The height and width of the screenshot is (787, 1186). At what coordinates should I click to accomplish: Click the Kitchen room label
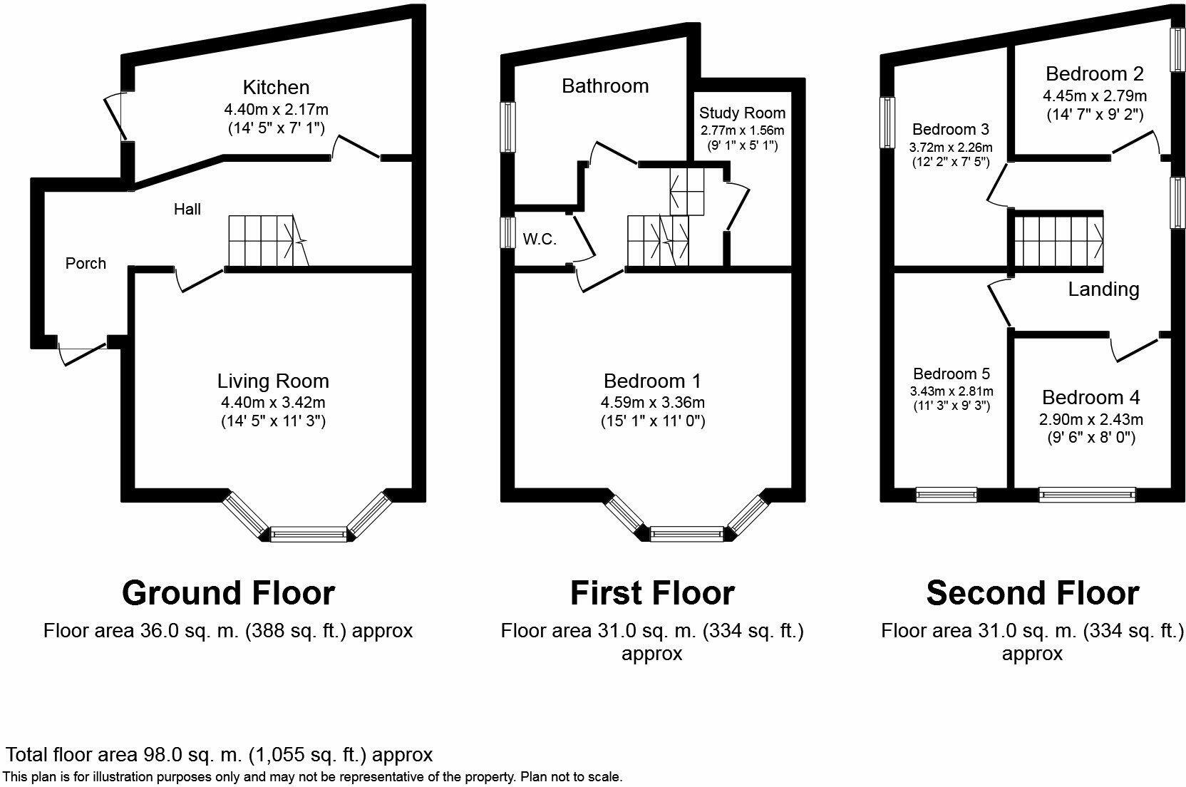276,88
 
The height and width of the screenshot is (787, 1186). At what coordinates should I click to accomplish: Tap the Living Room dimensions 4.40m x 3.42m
273,402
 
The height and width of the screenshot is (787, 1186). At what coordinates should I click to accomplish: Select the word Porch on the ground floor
86,264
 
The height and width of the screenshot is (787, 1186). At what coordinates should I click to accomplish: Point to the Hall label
187,209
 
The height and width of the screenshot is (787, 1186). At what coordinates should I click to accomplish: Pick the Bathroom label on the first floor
605,86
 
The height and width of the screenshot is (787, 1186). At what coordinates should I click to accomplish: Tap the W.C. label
540,240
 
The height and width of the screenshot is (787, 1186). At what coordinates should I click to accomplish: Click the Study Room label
742,113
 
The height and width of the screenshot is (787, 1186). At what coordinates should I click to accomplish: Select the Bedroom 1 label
652,381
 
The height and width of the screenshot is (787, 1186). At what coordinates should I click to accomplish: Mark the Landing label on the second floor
1103,289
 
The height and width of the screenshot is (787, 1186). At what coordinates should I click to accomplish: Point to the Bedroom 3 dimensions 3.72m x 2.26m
951,148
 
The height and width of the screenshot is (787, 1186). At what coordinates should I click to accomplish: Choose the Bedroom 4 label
1090,397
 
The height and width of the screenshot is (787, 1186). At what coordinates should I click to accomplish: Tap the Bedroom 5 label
952,374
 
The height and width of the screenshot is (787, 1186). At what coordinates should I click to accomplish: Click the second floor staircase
1058,240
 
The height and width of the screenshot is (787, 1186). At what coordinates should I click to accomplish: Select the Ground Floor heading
228,593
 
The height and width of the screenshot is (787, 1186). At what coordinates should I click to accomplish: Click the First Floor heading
652,593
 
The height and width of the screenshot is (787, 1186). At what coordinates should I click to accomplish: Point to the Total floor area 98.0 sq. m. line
220,755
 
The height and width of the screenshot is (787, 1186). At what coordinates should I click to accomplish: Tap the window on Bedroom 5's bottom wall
946,494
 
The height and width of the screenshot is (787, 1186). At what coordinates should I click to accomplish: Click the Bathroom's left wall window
507,127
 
